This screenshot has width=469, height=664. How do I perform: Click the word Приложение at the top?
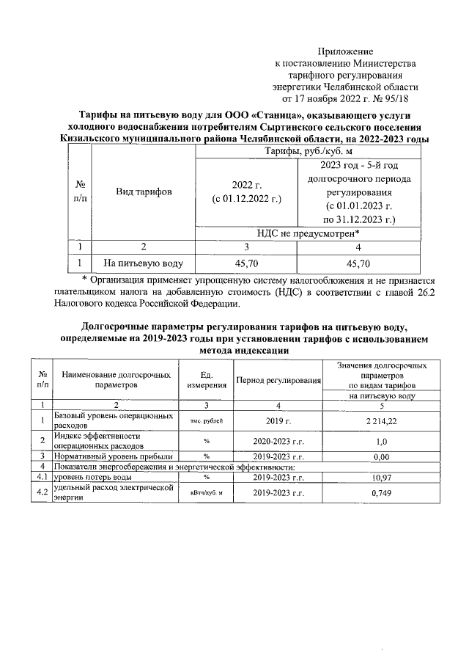(x=345, y=51)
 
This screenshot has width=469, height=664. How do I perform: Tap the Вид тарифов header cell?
(x=144, y=192)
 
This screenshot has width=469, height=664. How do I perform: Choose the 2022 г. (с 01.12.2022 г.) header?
(x=246, y=192)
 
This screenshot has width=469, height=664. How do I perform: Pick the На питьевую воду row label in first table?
(x=143, y=263)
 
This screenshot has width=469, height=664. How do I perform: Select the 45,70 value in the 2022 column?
(x=246, y=263)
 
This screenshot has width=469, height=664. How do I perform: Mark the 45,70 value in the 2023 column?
(x=358, y=263)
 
